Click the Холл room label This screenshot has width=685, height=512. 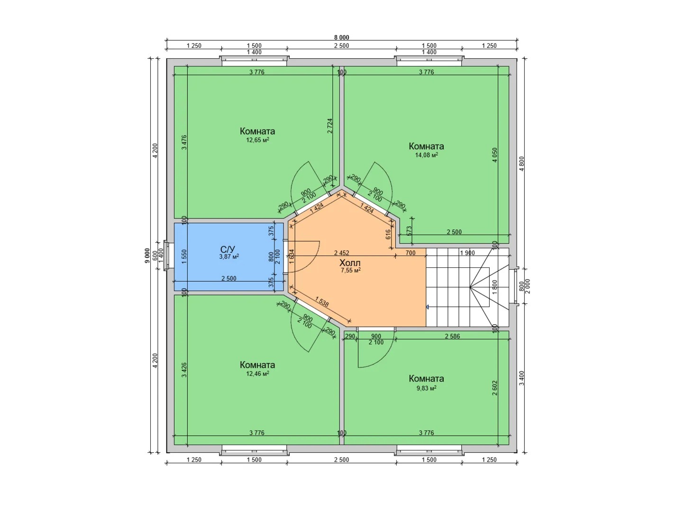click(350, 263)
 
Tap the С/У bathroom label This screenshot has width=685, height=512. click(228, 249)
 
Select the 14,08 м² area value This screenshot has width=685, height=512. click(426, 155)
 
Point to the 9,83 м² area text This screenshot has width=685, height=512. click(426, 388)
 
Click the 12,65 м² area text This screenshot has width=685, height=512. click(257, 140)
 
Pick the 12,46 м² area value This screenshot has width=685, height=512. click(257, 373)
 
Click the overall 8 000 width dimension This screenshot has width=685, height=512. click(342, 37)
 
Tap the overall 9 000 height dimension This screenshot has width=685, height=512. click(147, 256)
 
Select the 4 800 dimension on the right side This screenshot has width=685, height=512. click(522, 164)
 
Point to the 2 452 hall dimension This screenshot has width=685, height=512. click(341, 253)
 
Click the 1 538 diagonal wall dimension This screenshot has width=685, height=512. click(322, 302)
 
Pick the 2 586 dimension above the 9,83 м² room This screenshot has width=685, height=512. click(453, 336)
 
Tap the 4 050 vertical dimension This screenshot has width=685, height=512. click(494, 155)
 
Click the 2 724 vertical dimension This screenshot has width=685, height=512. click(330, 126)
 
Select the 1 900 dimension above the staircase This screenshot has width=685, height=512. click(467, 253)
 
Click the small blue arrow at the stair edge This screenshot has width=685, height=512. click(428, 307)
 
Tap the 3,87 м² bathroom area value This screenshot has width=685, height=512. click(229, 256)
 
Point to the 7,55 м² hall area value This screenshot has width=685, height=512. click(351, 270)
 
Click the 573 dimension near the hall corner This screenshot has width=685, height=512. click(410, 231)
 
